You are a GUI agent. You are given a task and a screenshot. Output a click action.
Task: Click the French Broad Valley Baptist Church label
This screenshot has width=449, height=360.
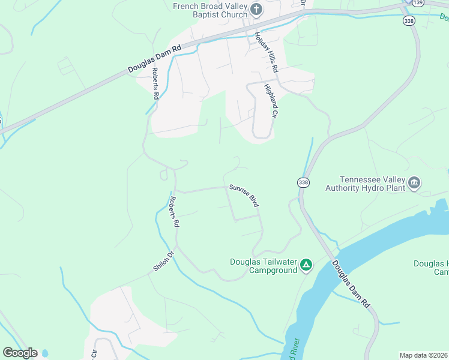click(209, 10)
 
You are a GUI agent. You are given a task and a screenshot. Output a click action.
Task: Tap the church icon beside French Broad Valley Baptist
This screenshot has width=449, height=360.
click(256, 10)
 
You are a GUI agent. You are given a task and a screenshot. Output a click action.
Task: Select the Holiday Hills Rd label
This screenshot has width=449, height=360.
click(267, 52)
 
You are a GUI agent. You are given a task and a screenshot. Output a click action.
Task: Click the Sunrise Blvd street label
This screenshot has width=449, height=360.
click(243, 196)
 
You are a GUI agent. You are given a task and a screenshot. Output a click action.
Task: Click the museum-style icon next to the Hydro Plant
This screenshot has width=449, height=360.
click(414, 183)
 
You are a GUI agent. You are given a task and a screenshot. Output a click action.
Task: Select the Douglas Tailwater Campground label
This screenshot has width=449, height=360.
click(264, 266)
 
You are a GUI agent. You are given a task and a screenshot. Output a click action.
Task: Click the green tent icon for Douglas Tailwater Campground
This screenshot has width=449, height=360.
click(306, 265)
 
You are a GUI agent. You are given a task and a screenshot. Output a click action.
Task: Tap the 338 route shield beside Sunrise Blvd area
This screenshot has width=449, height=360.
click(303, 182)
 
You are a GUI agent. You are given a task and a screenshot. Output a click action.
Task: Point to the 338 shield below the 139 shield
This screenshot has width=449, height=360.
click(409, 20)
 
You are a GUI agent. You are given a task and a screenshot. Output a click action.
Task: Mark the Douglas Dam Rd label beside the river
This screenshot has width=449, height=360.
click(351, 284)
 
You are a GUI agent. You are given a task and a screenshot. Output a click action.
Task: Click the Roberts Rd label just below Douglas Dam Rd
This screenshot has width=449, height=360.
click(155, 83)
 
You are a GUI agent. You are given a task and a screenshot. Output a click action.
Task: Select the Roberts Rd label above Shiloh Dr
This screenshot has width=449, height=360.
click(175, 211)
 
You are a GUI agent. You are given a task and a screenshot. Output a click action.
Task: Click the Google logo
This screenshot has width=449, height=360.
click(20, 353)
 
